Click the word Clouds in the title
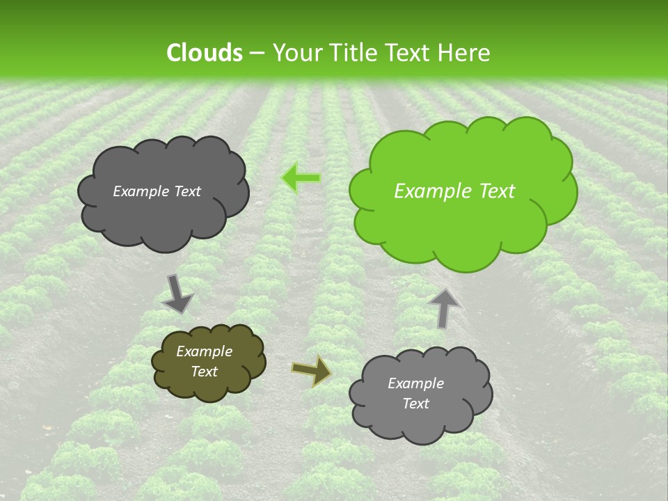pyautogui.click(x=205, y=53)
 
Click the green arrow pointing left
pyautogui.click(x=301, y=178)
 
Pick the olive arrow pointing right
pyautogui.click(x=312, y=369)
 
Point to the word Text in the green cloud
pyautogui.click(x=496, y=191)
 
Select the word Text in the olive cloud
pyautogui.click(x=204, y=372)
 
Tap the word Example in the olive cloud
pyautogui.click(x=204, y=352)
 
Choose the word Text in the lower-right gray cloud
pyautogui.click(x=415, y=404)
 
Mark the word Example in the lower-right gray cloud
pyautogui.click(x=415, y=383)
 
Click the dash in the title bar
pyautogui.click(x=256, y=53)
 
